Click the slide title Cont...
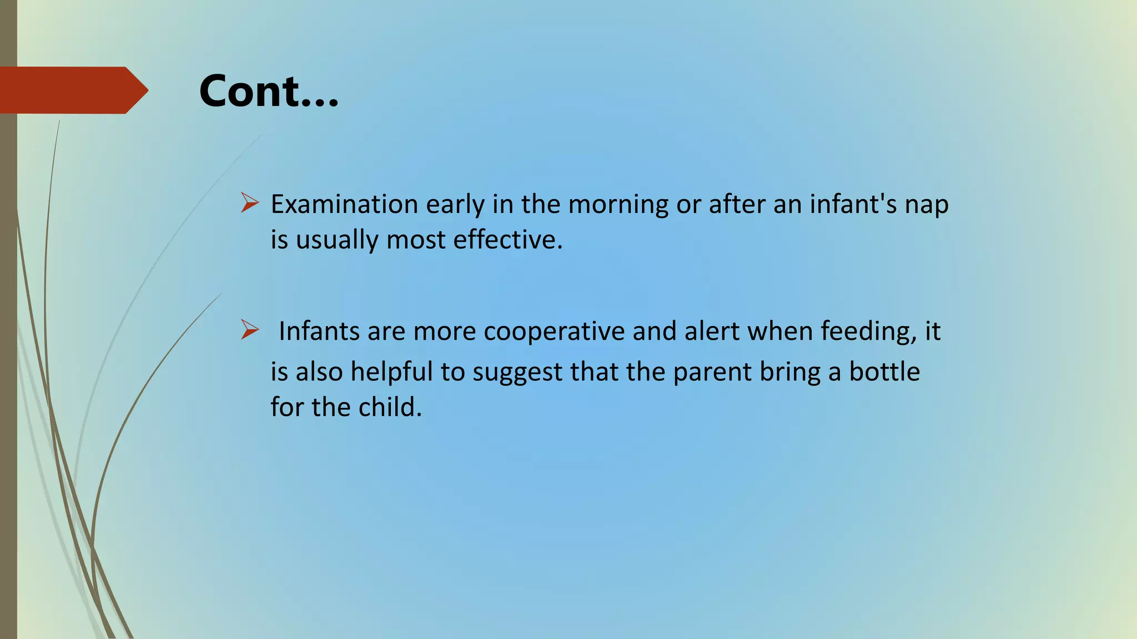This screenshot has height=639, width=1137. (269, 91)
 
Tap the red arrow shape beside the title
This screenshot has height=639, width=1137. (72, 90)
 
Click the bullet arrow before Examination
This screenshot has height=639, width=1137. (250, 203)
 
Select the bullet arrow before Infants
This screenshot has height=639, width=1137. (250, 330)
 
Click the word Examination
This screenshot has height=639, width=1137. (344, 204)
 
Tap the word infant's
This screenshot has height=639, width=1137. (853, 204)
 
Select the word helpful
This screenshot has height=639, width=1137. (391, 372)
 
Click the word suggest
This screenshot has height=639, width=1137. (517, 372)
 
